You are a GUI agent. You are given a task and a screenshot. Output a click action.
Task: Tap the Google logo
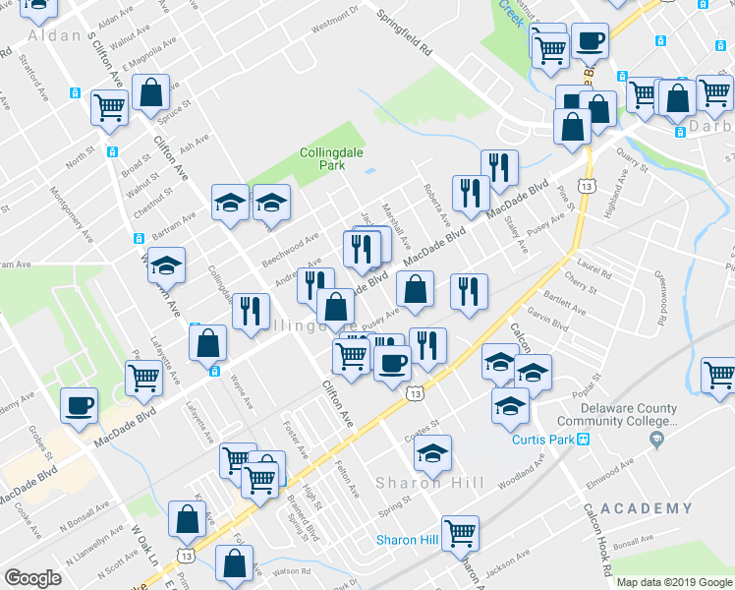(x=32, y=578)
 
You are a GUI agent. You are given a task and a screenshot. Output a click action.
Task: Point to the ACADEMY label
(x=646, y=508)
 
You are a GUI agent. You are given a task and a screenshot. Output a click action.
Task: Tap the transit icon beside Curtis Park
(x=583, y=440)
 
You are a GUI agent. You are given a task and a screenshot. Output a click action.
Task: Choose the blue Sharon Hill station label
(x=408, y=540)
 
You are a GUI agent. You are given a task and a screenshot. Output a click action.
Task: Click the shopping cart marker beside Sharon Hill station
(x=460, y=532)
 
